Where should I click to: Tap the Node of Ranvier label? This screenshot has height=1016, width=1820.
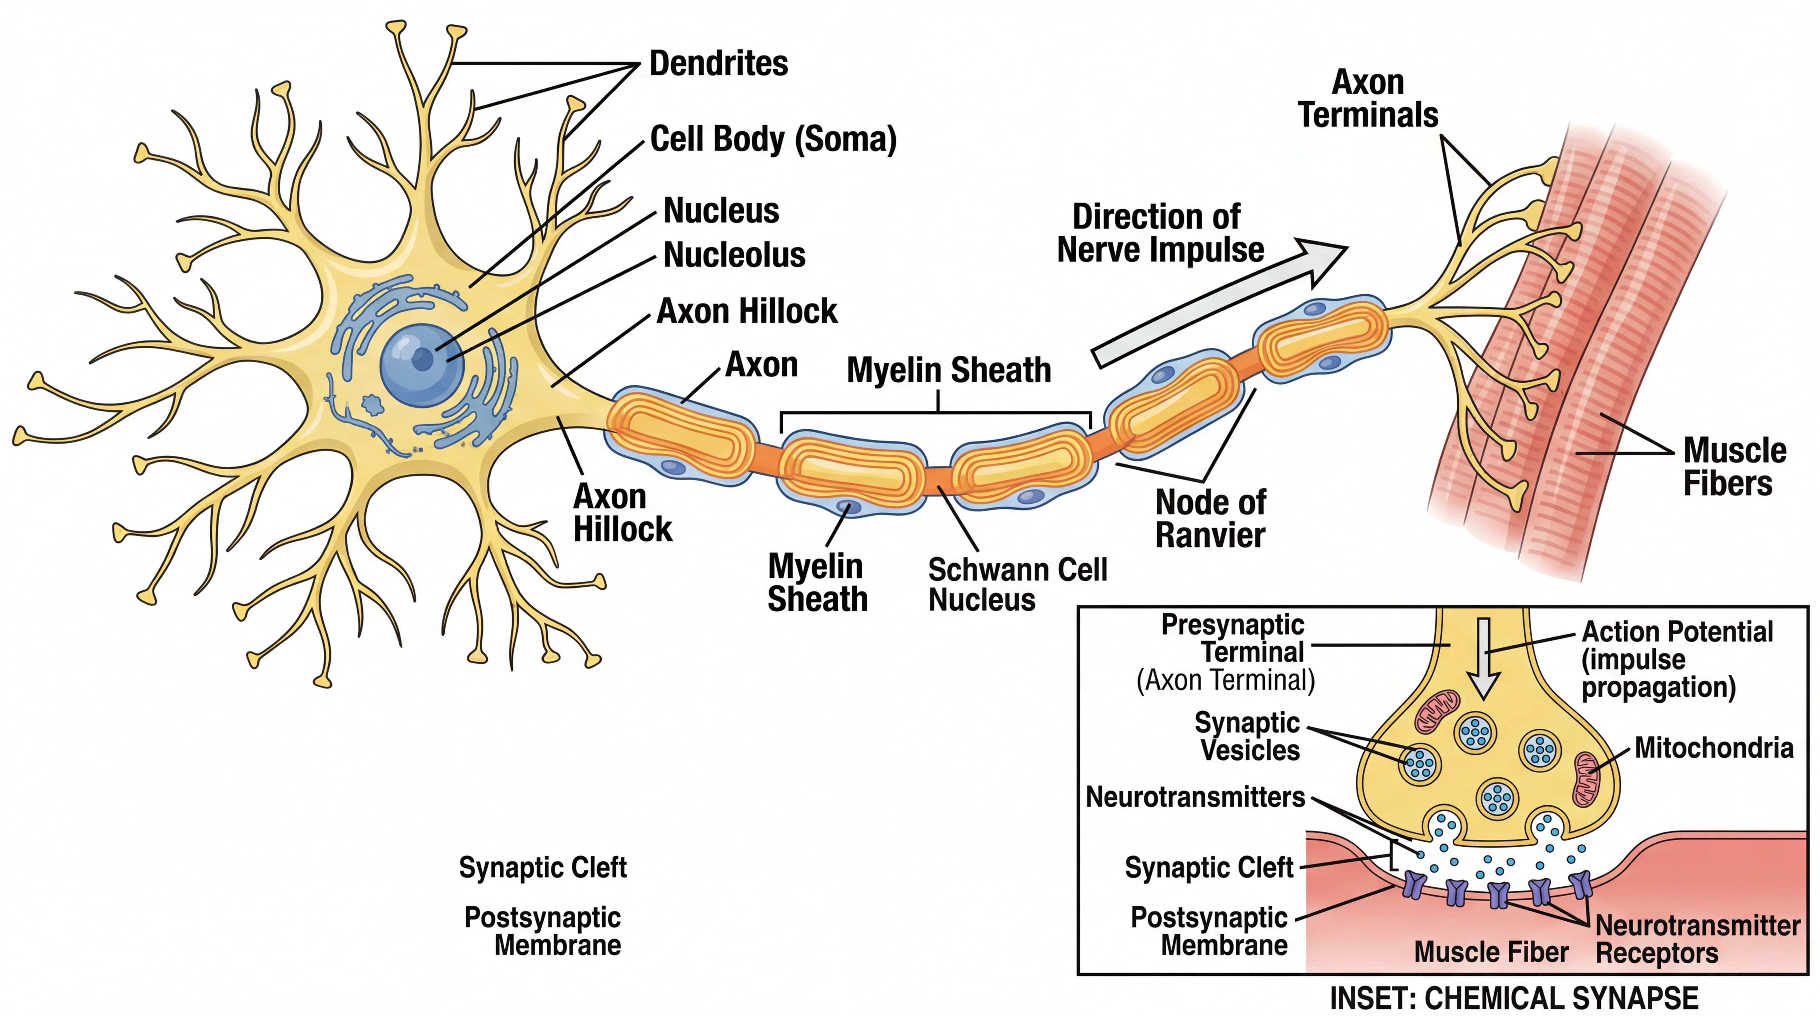1210,519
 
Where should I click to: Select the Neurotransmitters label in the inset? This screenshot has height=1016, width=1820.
1195,797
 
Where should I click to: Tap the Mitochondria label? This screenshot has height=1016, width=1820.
1713,747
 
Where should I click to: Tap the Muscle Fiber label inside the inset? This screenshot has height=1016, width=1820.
1491,952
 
